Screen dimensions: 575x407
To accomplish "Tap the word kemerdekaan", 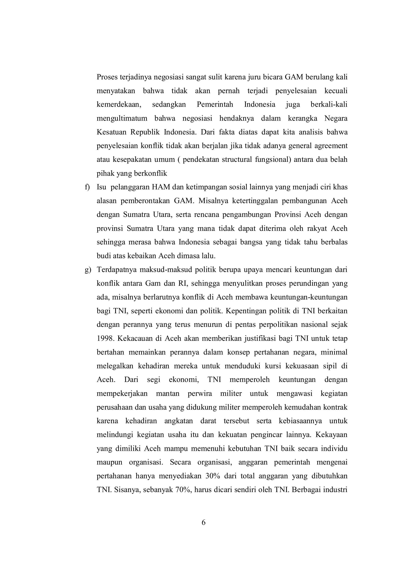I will pyautogui.click(x=119, y=104).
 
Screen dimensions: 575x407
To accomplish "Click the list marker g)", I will pyautogui.click(x=88, y=270).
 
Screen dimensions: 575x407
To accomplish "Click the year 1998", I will pyautogui.click(x=105, y=338).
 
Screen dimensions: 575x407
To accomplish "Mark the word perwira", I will pyautogui.click(x=200, y=394).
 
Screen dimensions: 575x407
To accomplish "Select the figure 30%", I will pyautogui.click(x=212, y=476).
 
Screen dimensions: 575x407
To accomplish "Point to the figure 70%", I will pyautogui.click(x=183, y=490).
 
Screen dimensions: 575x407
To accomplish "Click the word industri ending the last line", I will pyautogui.click(x=335, y=490).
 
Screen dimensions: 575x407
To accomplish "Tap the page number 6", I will pyautogui.click(x=203, y=522).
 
